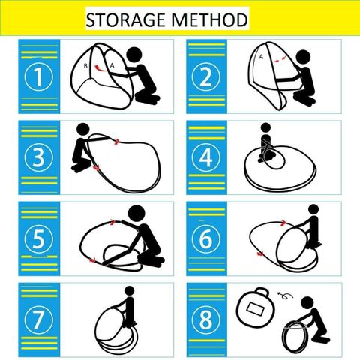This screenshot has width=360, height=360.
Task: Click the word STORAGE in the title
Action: coord(125,19)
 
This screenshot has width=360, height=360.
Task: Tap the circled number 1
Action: coord(39,76)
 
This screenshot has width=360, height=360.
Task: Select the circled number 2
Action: coord(206,76)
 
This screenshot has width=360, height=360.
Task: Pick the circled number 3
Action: coord(39,157)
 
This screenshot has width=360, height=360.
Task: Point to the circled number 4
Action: coord(206,157)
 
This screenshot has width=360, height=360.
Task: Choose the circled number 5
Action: coord(39,238)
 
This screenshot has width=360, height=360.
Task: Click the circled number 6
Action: coord(206,238)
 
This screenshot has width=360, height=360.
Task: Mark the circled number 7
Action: coord(39,319)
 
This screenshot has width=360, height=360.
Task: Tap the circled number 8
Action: coord(206,319)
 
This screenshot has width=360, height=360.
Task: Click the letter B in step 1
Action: coord(85,66)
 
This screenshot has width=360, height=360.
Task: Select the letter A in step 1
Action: coord(112,65)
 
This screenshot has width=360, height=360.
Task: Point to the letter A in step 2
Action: coord(261,57)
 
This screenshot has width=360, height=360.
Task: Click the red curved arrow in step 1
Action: coord(100,67)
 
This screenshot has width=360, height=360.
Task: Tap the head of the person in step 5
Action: coord(136,214)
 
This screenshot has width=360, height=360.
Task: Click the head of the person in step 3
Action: coord(83,130)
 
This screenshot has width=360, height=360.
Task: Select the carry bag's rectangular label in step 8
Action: coord(255,308)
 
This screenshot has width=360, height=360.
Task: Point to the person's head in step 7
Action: coord(130,291)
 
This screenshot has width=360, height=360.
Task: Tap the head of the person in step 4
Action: coord(265,127)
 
